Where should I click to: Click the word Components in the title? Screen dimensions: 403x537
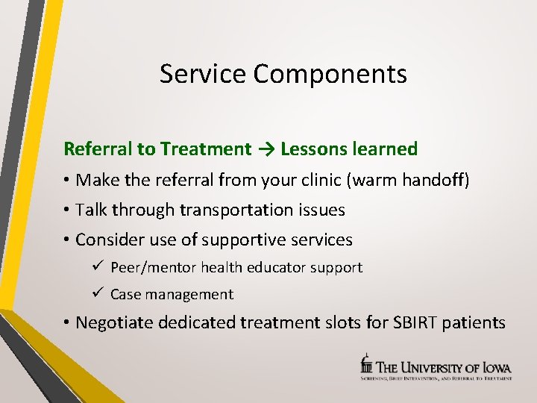(x=330, y=75)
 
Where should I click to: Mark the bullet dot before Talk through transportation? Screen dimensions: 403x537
(x=67, y=210)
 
